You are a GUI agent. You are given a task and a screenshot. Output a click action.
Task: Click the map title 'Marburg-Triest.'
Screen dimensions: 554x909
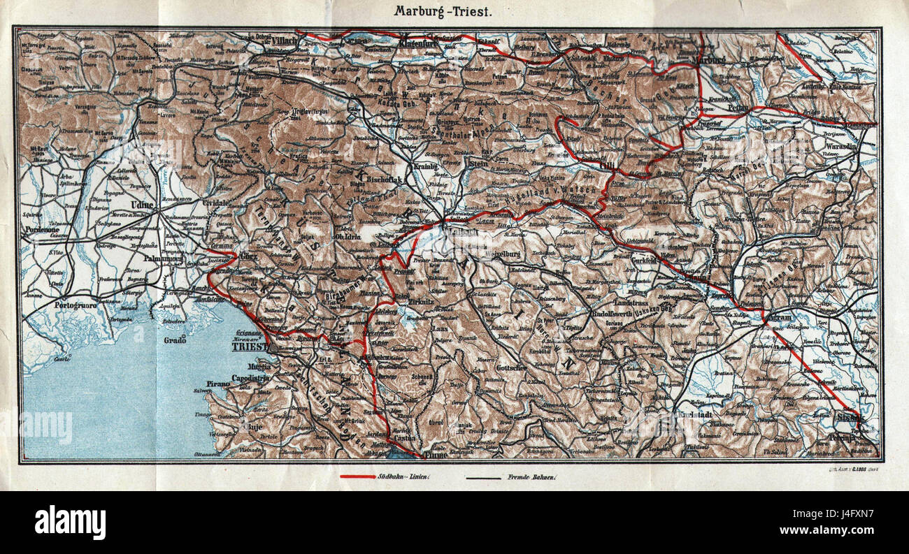click(x=443, y=11)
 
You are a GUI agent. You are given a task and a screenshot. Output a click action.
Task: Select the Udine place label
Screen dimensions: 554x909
click(x=142, y=204)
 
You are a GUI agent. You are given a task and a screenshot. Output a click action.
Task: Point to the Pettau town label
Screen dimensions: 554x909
click(x=738, y=108)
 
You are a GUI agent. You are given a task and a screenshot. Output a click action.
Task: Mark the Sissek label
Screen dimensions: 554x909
click(x=850, y=418)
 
